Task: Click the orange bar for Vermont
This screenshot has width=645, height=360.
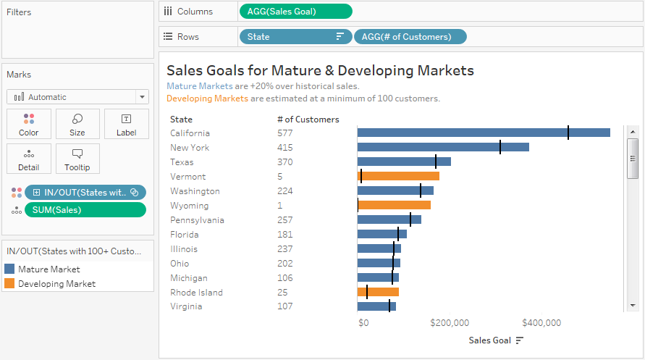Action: coord(398,176)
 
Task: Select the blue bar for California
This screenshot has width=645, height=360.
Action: coord(484,133)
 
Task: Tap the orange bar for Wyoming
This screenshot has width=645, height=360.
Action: coord(394,205)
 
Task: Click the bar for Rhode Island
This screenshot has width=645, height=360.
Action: coord(378,292)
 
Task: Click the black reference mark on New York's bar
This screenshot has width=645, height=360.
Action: coord(500,147)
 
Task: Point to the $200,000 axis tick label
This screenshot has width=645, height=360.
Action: coord(450,323)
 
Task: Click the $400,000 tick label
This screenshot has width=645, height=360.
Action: coord(541,323)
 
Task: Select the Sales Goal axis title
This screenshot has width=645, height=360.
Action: coord(489,340)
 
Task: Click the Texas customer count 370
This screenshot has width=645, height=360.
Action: coord(284,162)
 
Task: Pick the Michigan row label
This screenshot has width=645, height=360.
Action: coord(189,278)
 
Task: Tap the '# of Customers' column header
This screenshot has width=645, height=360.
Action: coord(308,120)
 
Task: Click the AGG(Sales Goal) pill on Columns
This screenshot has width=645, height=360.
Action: coord(295,12)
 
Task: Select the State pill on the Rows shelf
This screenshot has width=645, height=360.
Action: coord(295,37)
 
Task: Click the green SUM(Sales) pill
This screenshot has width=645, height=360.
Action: coord(85,210)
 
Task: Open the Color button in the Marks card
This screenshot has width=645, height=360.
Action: coord(29,124)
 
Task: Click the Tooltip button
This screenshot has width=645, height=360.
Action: coord(77,159)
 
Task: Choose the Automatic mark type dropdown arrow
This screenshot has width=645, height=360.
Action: coord(142,97)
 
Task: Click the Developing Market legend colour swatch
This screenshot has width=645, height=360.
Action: coord(9,283)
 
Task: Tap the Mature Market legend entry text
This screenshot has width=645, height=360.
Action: coord(49,269)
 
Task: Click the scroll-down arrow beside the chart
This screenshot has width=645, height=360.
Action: coord(633,306)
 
